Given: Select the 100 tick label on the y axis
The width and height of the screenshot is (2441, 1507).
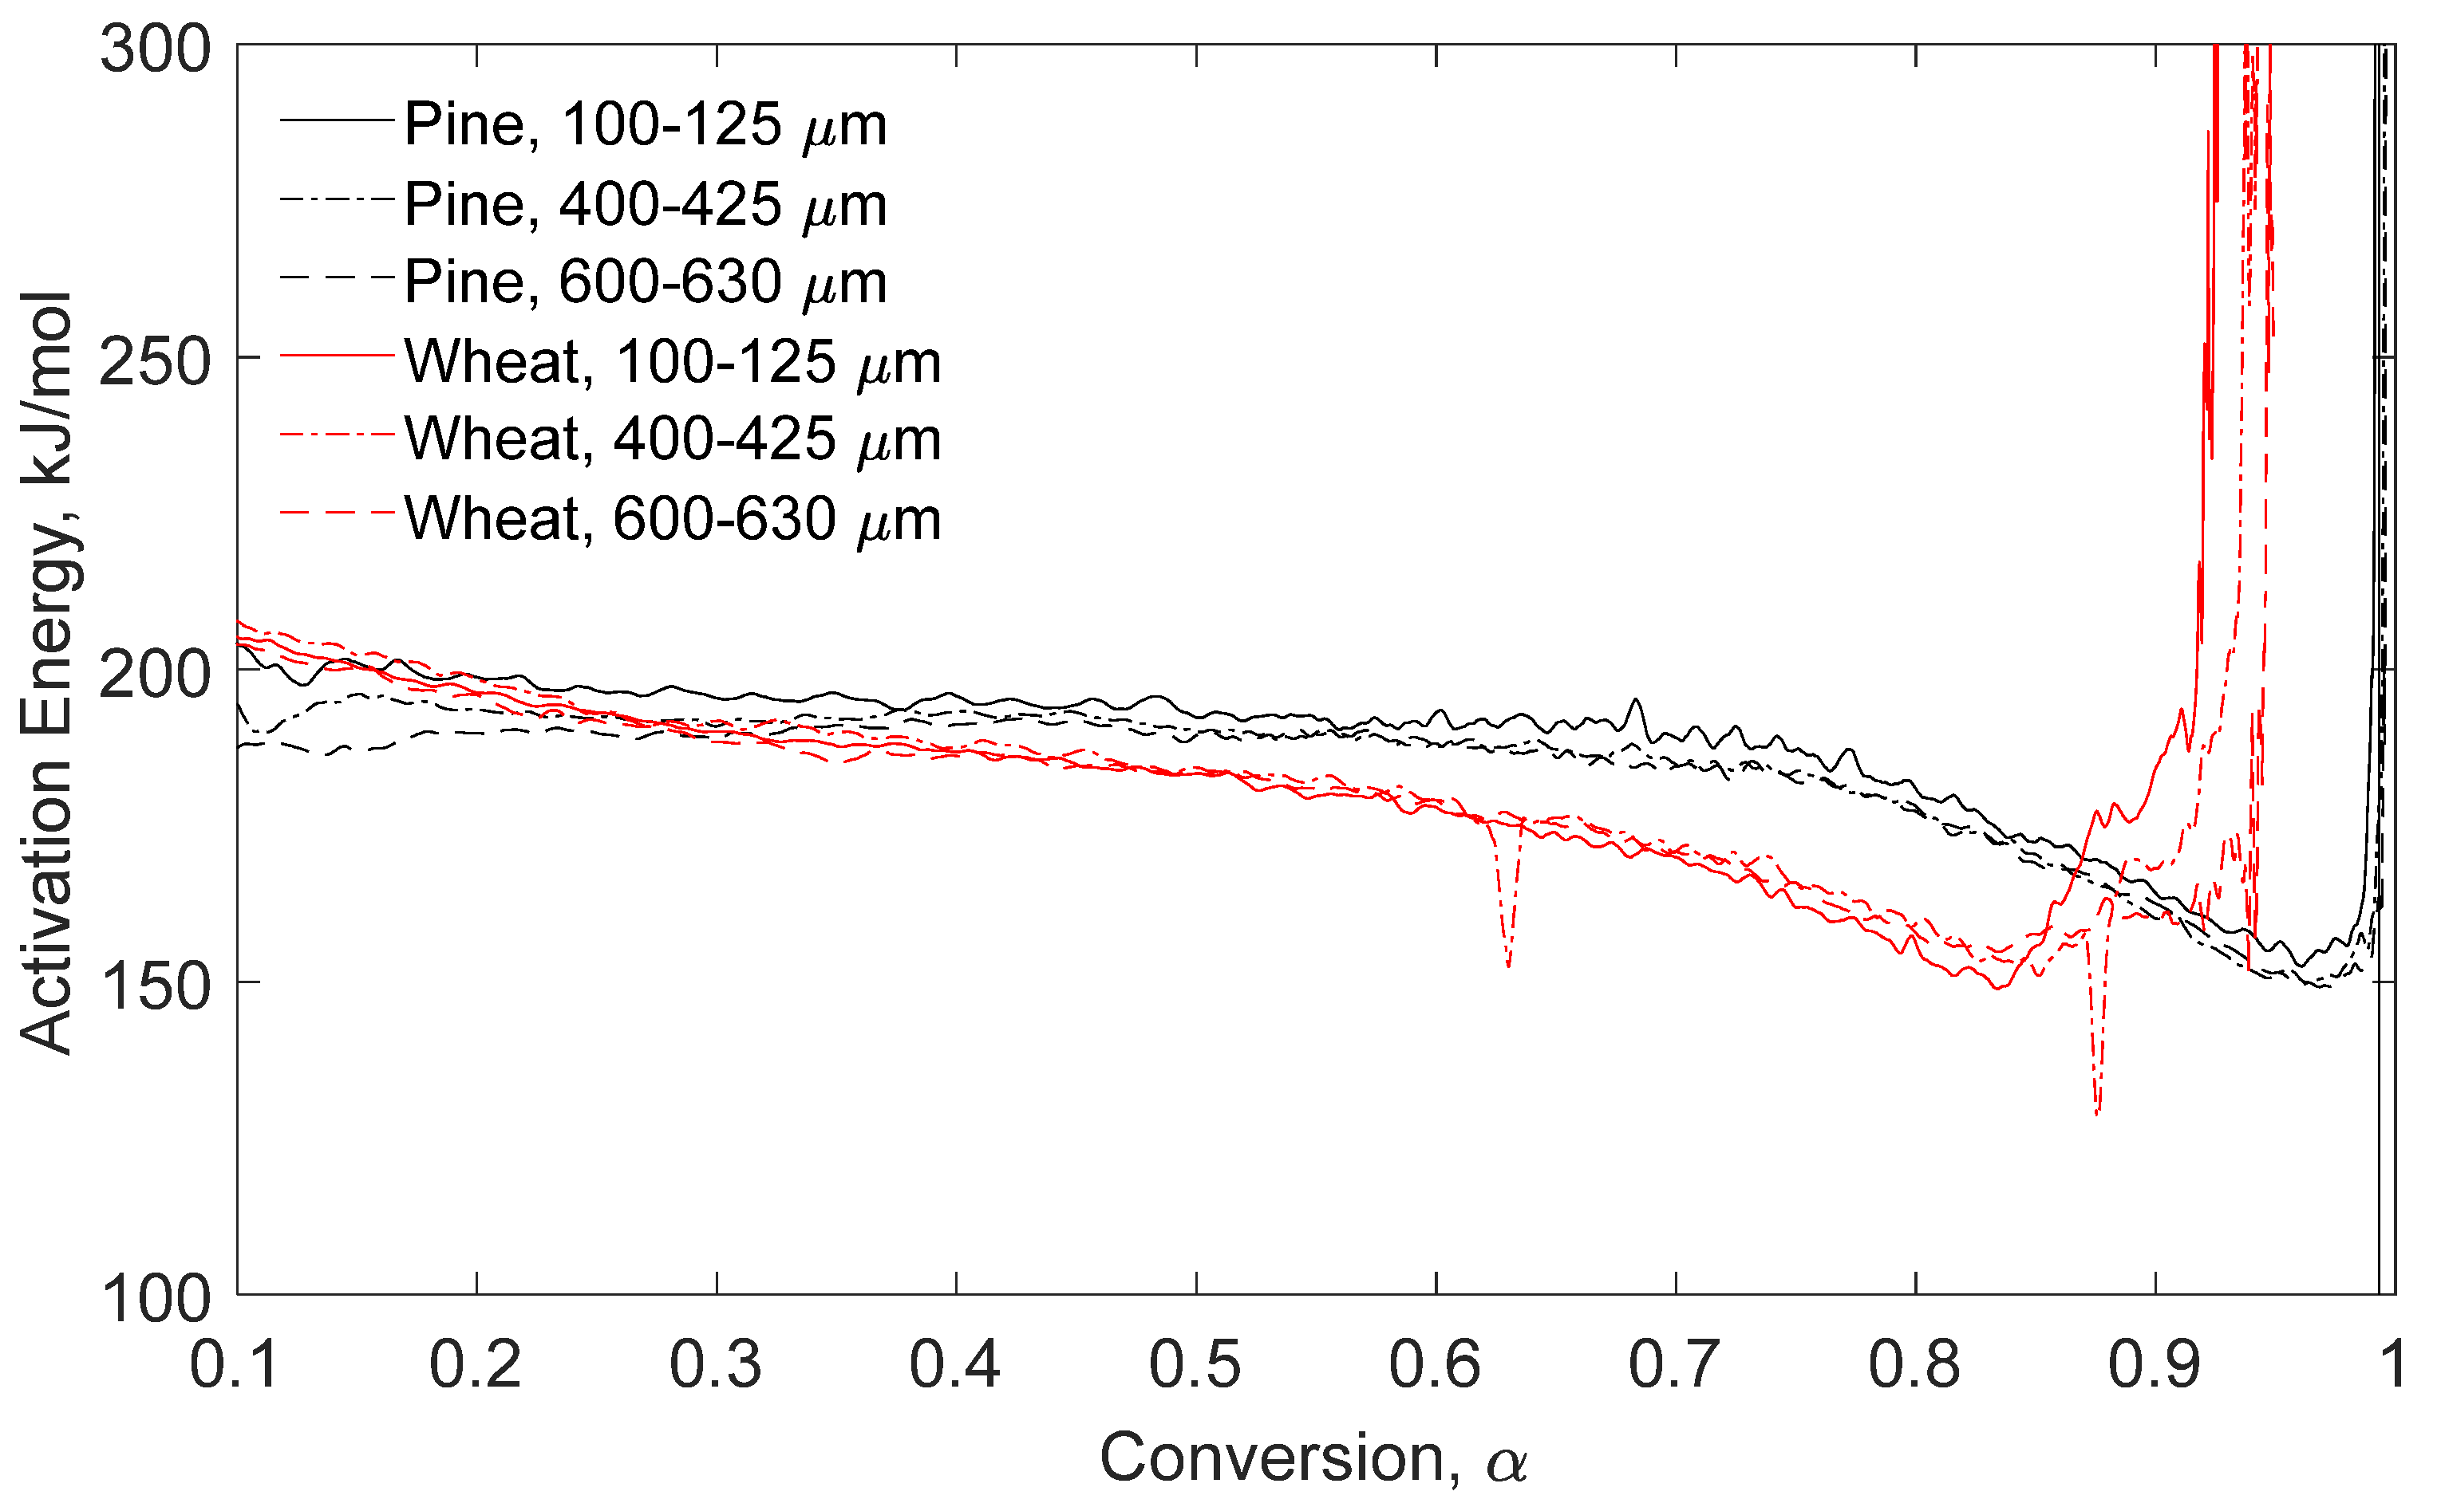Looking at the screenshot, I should (x=156, y=1299).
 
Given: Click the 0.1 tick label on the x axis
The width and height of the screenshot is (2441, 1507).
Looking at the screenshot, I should (x=235, y=1364).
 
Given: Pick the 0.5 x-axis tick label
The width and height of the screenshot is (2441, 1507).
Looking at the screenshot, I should (x=1195, y=1364).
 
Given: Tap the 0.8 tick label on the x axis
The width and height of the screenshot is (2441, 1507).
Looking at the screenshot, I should (x=1914, y=1364).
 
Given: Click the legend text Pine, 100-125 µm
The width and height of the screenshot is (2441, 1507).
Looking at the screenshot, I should (x=645, y=126).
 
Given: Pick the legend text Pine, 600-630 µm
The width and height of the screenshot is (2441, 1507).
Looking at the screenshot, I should (x=645, y=283).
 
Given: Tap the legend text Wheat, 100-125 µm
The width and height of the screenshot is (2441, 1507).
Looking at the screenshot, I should (x=672, y=362).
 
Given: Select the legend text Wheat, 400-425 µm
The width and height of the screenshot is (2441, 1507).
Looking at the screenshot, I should (x=672, y=439).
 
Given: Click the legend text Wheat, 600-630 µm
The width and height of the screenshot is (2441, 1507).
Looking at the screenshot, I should (x=672, y=519).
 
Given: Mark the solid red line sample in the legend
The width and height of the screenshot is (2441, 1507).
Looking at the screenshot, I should (x=337, y=355).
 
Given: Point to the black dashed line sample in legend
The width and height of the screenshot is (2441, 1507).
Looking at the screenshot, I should (x=337, y=277).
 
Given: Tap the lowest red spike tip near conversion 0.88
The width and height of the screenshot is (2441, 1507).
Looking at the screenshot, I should (x=2097, y=1113).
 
